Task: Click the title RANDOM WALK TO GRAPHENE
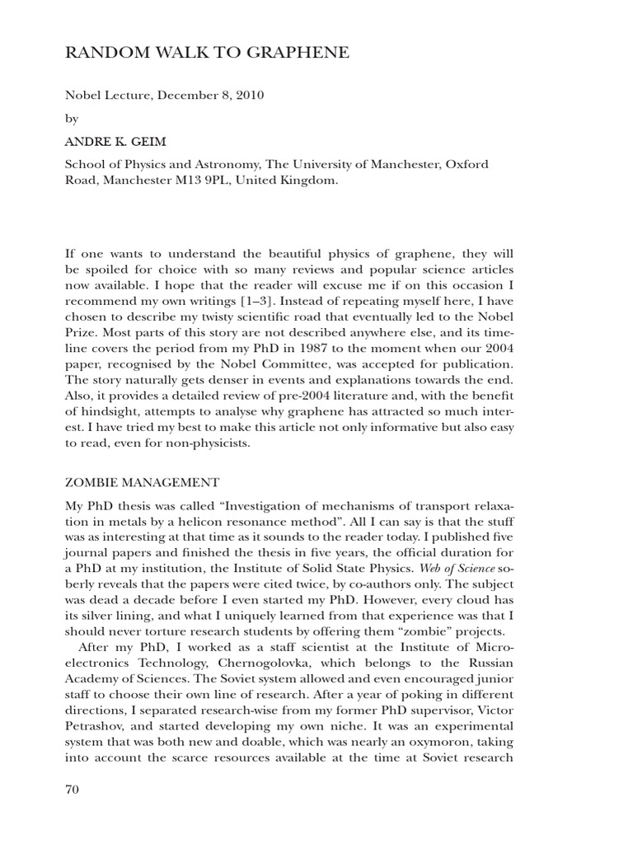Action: [207, 54]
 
